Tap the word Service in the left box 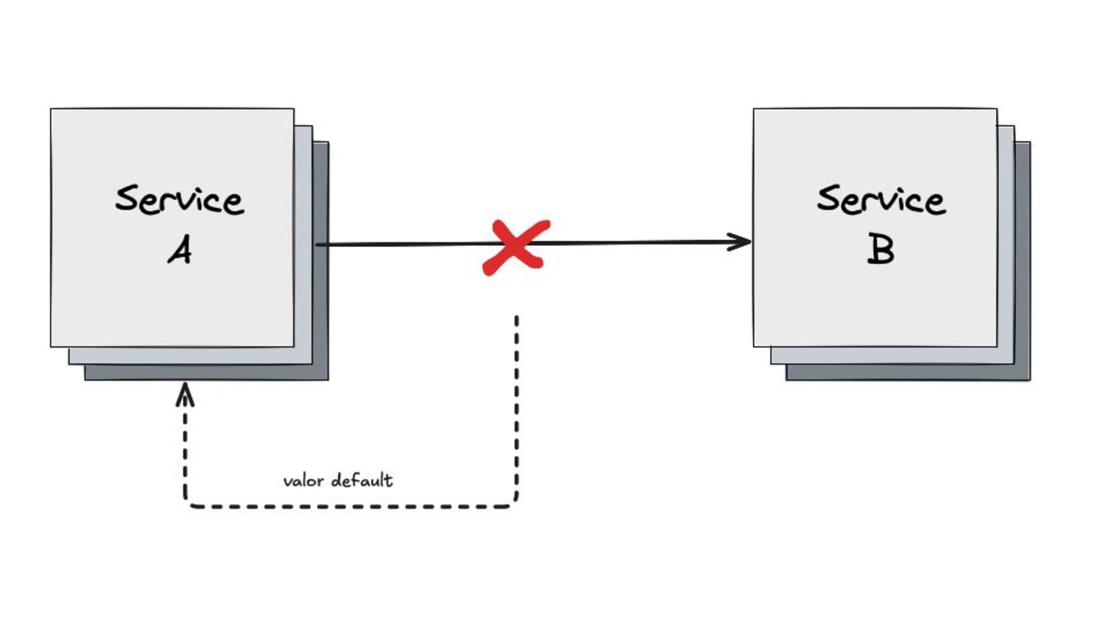click(x=180, y=199)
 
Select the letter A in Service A click(x=180, y=250)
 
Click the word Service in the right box click(x=881, y=199)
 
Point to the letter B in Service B click(x=881, y=250)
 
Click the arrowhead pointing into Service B click(x=742, y=242)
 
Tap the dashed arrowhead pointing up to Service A click(x=186, y=393)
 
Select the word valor click(x=304, y=481)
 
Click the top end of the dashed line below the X click(x=517, y=318)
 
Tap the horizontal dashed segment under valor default click(x=352, y=506)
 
